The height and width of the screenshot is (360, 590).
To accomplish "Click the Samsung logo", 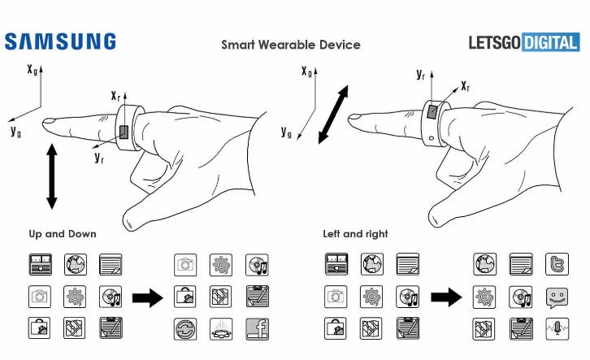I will [x=60, y=42].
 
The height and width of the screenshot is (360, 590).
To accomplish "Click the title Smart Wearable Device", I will [x=290, y=44].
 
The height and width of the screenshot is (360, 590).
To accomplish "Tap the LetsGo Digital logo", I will [x=524, y=42].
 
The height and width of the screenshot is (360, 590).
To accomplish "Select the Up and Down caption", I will [x=63, y=233].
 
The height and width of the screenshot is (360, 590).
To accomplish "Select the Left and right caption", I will [x=355, y=233].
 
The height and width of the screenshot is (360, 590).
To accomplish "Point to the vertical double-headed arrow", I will [x=52, y=176].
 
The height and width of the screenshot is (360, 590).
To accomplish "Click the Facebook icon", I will [x=257, y=328].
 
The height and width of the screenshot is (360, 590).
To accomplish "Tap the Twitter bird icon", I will [x=557, y=264].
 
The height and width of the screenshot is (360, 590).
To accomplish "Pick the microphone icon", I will [x=557, y=328].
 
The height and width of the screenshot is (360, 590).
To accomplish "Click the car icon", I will [x=222, y=328].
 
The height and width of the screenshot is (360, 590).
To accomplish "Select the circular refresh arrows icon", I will [x=186, y=328].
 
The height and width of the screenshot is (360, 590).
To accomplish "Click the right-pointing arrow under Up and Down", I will [x=147, y=297].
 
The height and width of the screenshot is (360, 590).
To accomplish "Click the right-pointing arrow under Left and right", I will [x=445, y=297].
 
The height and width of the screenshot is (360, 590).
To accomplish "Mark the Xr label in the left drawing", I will [x=116, y=96].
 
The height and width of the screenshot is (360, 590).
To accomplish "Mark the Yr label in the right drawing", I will [x=421, y=75].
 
